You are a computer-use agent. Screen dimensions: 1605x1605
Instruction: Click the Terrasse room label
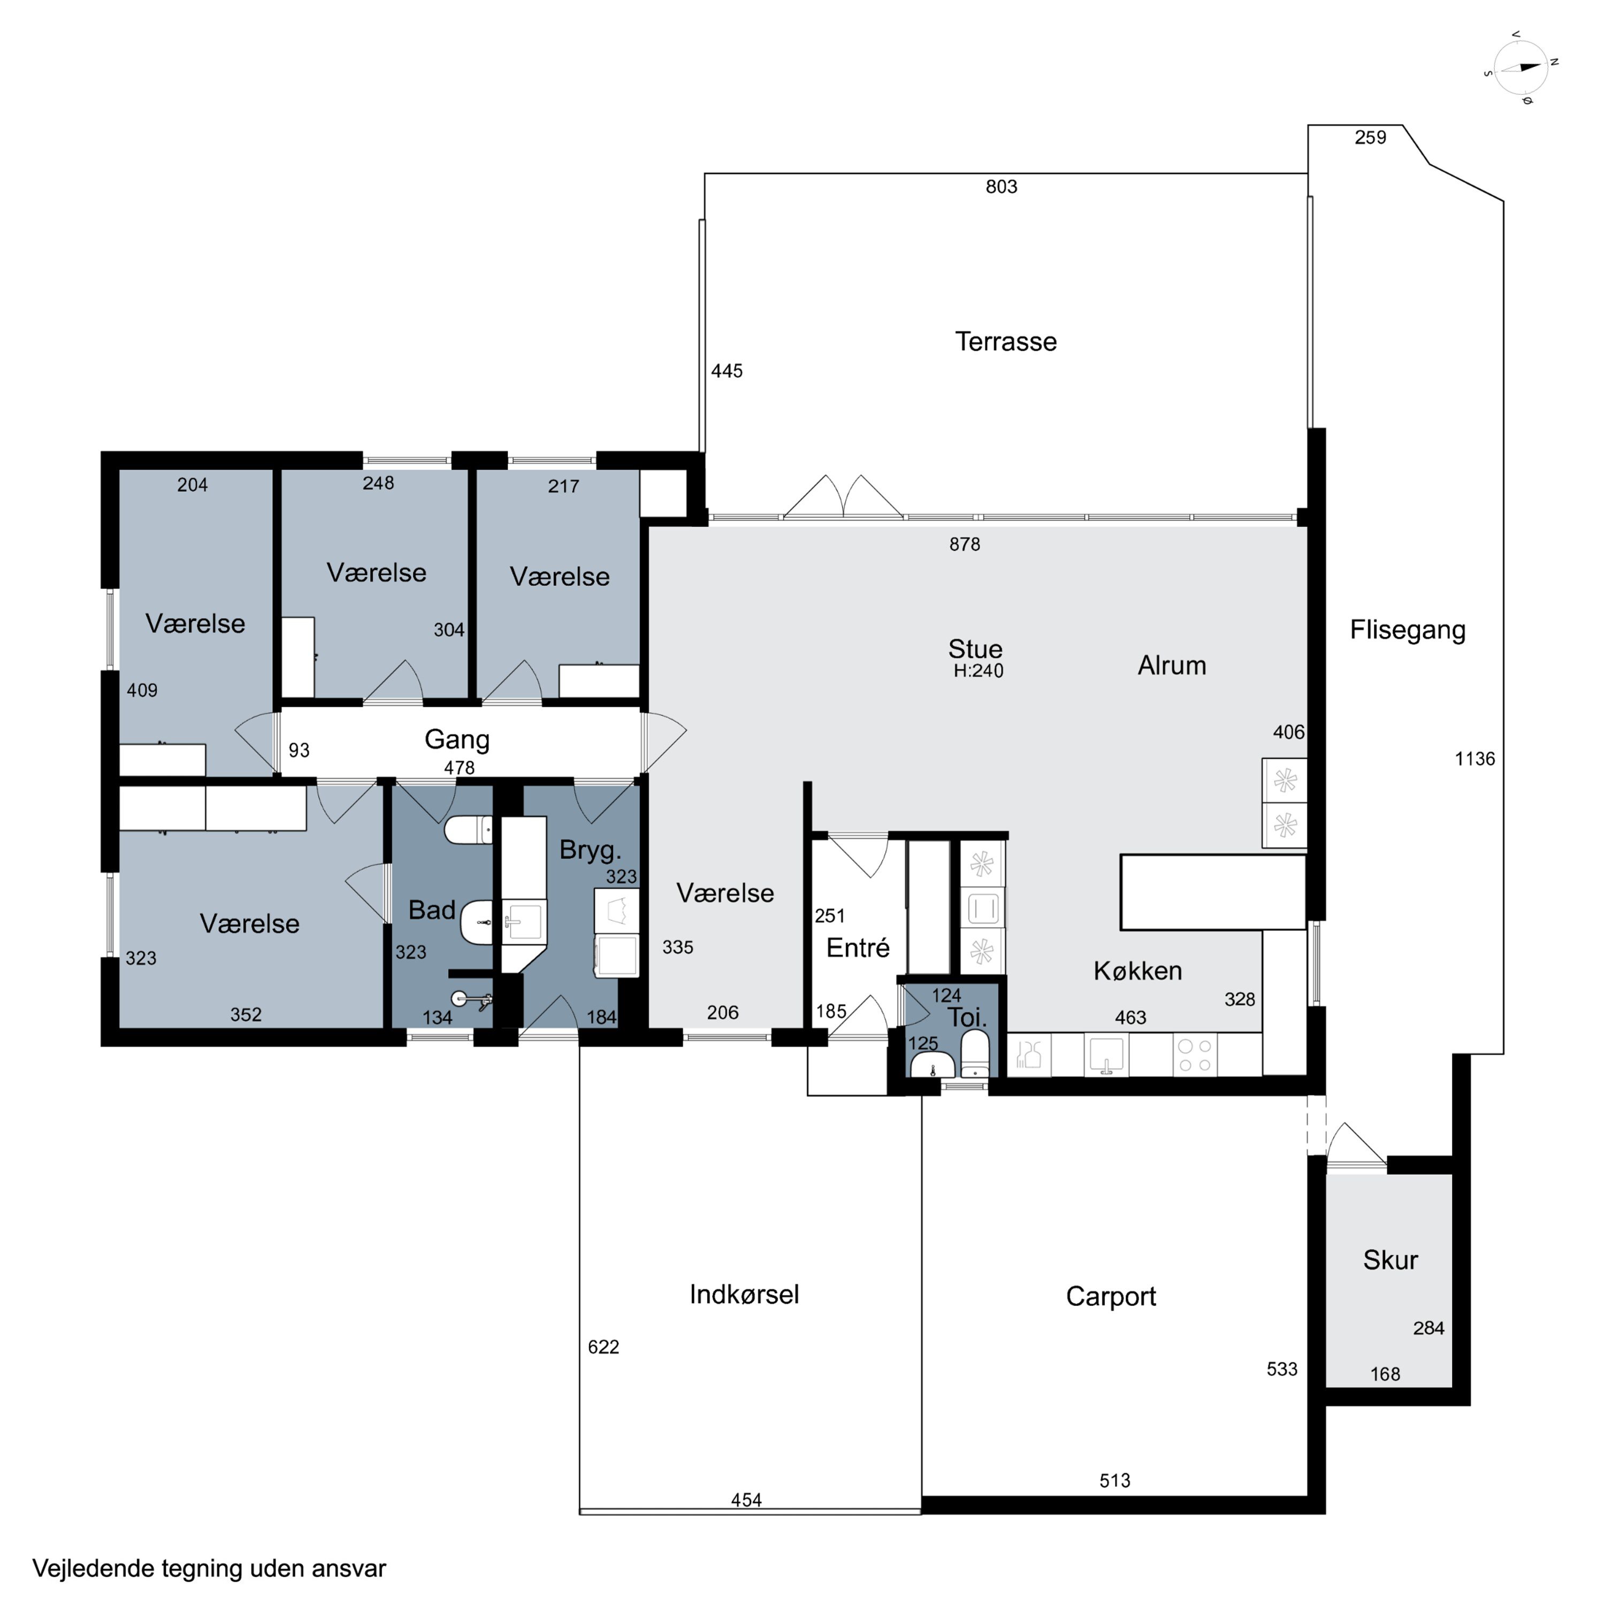(1005, 341)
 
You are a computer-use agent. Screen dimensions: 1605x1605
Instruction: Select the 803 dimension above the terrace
(1001, 187)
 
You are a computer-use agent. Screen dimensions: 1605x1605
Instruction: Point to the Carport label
(1111, 1297)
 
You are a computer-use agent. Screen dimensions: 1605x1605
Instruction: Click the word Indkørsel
(744, 1294)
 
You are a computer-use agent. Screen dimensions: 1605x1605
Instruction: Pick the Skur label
(1390, 1260)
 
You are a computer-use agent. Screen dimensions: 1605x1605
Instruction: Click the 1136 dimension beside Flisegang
(1474, 759)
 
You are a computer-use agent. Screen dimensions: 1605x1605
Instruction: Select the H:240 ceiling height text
(979, 671)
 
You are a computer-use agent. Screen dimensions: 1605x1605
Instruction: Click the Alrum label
(1171, 666)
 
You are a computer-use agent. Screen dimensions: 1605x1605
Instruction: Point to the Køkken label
(1137, 970)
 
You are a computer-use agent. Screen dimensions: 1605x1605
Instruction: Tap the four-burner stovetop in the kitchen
(1195, 1055)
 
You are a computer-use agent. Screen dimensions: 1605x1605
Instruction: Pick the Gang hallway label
(457, 739)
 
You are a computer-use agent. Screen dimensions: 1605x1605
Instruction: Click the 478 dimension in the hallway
(460, 768)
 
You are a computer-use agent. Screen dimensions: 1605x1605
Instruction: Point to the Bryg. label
(590, 851)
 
